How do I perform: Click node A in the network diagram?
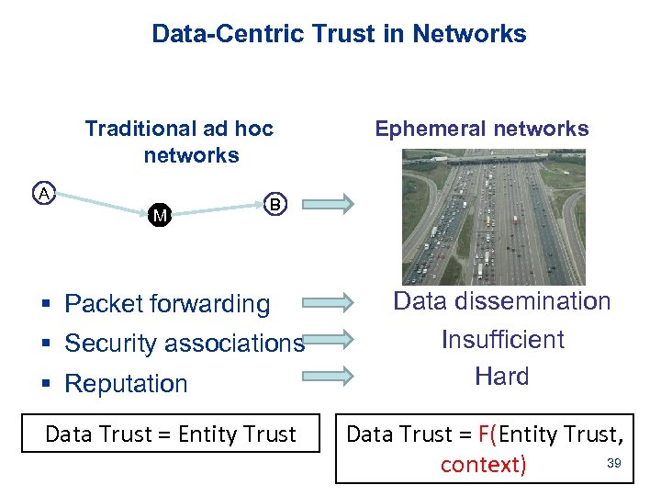42,193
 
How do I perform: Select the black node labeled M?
160,216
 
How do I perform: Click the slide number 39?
614,463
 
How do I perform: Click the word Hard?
502,377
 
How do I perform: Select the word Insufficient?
502,340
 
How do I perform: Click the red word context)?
484,465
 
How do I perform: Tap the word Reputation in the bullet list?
127,384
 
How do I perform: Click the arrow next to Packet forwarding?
328,300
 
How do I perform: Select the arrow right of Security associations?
328,339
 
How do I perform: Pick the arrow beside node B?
328,204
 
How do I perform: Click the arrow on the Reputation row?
328,375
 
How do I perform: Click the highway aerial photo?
492,217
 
